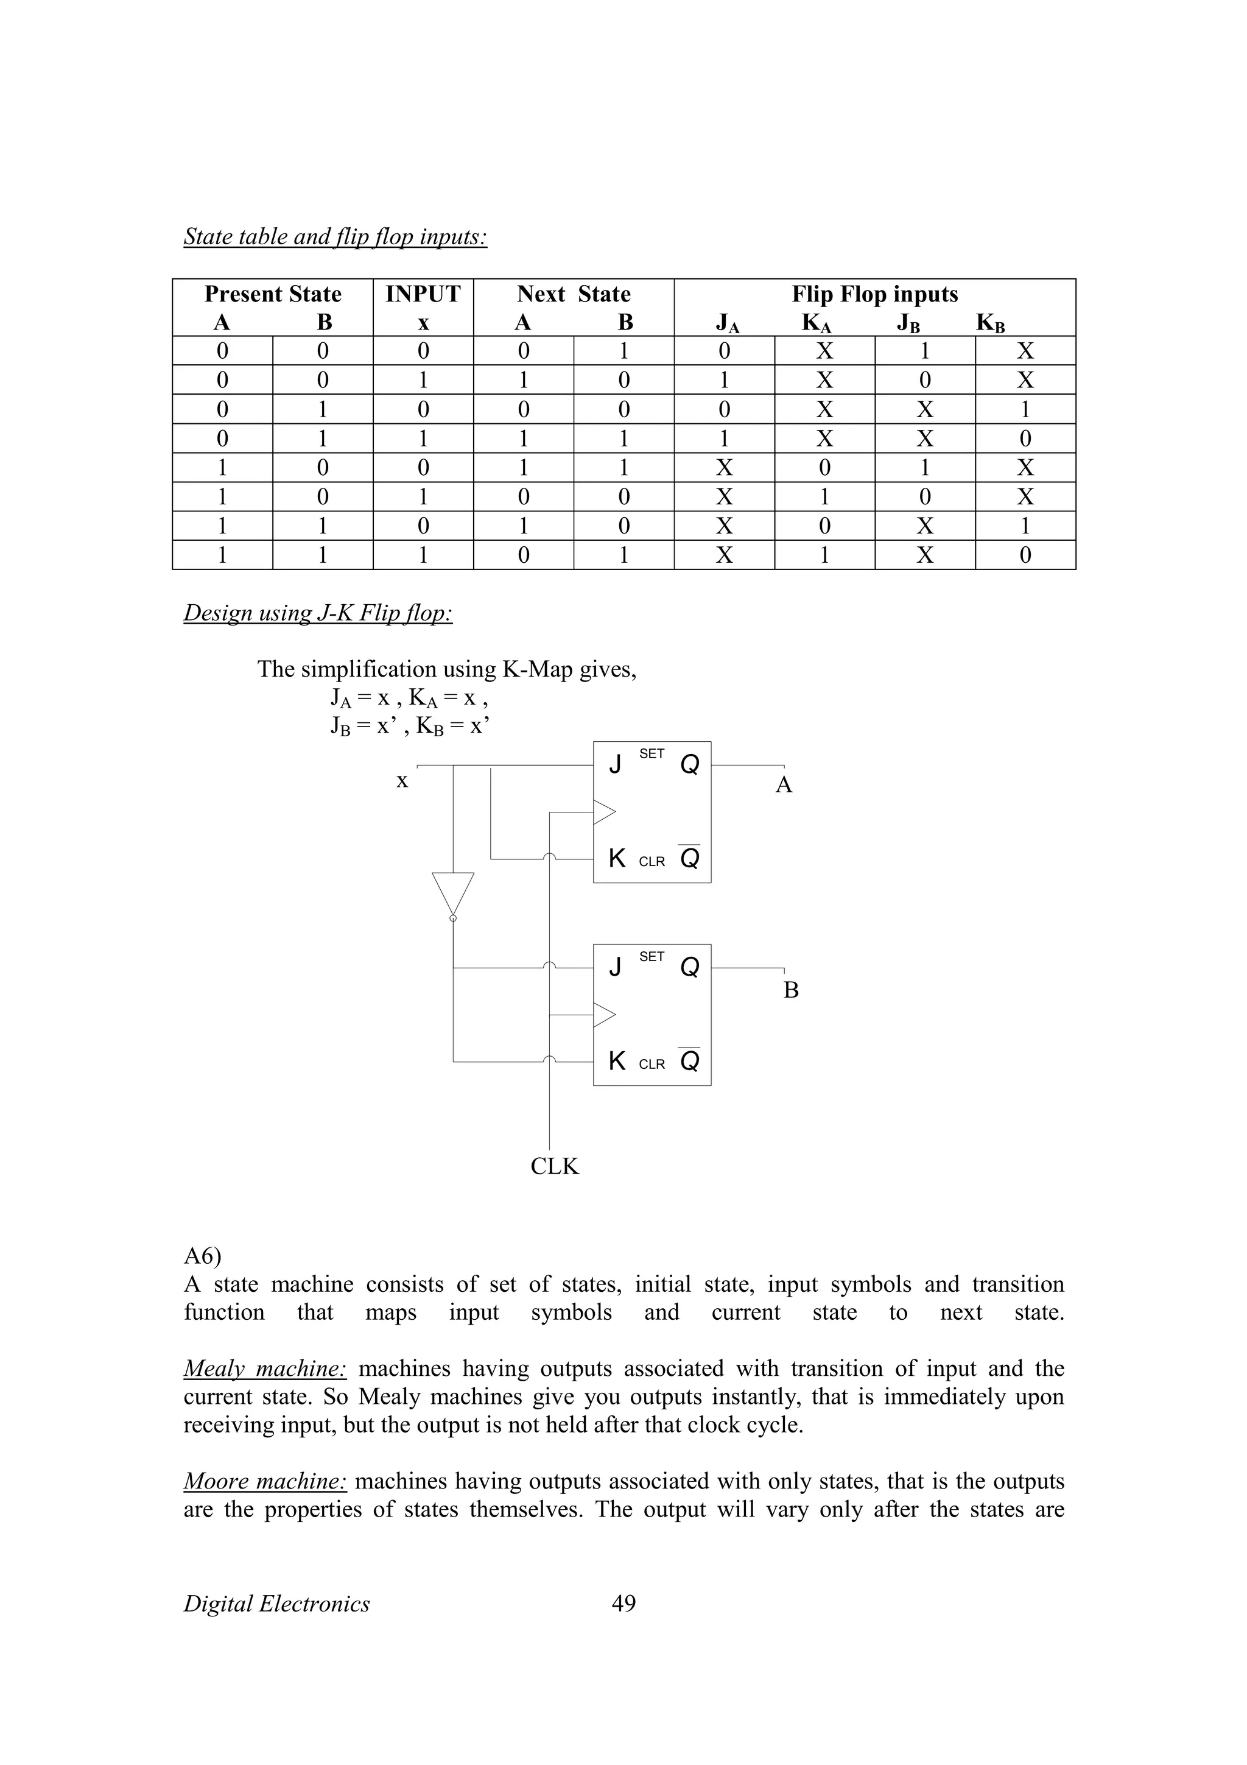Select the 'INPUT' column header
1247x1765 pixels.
[423, 294]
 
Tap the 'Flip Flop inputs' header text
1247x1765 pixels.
[874, 294]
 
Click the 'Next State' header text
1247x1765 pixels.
[573, 294]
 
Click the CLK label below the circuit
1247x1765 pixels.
[554, 1166]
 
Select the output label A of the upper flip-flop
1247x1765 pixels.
[783, 785]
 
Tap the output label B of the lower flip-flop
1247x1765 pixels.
[790, 990]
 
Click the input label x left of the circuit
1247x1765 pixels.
[402, 781]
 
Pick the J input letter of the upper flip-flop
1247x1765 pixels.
[614, 765]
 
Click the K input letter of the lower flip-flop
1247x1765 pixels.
[616, 1061]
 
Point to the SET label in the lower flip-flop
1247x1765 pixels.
[652, 956]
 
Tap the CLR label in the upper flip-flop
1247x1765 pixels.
[652, 862]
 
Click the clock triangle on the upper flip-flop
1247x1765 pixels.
[604, 812]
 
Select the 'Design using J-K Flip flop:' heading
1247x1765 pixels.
[317, 613]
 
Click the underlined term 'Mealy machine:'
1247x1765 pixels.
[265, 1369]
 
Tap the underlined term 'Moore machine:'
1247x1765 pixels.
[265, 1481]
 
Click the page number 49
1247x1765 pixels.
[623, 1604]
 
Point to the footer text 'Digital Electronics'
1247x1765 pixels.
[276, 1604]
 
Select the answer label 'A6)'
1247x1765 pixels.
[202, 1256]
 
